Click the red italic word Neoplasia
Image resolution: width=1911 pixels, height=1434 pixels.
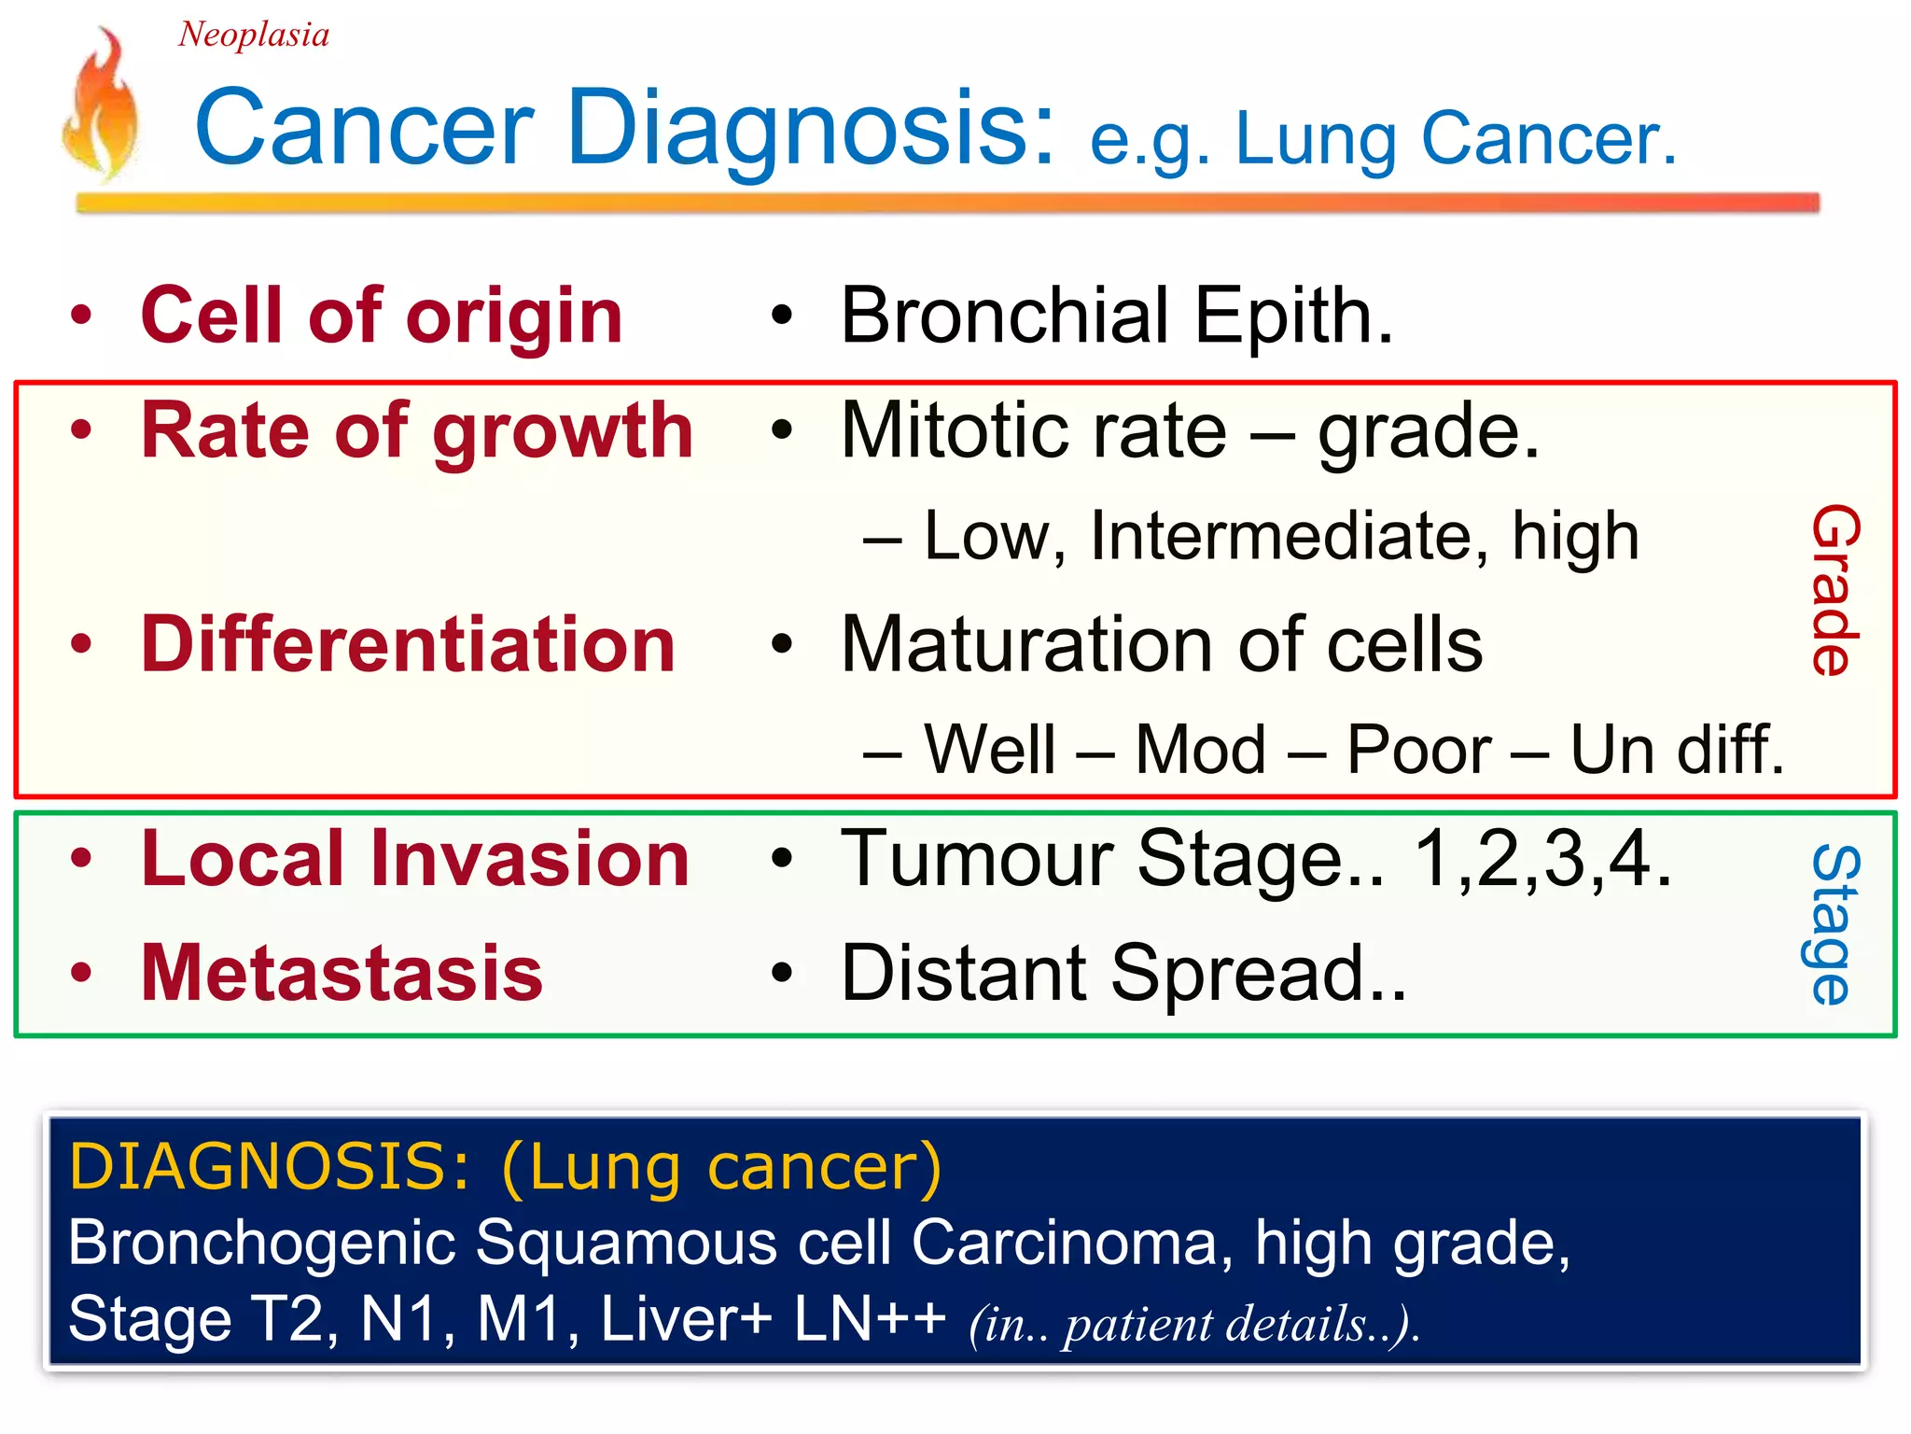point(253,35)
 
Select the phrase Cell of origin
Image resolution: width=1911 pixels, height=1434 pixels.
point(381,316)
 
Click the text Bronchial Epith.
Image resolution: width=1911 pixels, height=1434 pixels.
point(1116,316)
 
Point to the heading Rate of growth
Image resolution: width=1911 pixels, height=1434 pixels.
point(416,431)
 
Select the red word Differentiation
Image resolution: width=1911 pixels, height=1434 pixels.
point(408,645)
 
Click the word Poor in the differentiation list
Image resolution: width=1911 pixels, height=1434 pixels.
point(1418,751)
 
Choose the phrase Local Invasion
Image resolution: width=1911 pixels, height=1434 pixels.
point(414,859)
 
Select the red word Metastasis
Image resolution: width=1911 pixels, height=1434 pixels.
point(342,974)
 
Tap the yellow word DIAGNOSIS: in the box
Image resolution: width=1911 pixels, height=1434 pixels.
point(271,1167)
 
